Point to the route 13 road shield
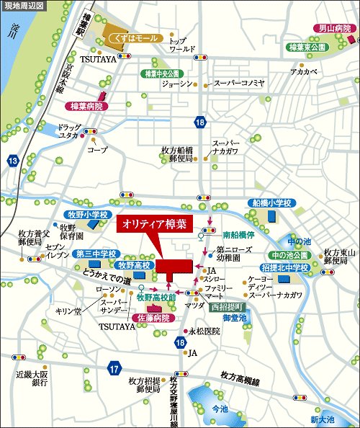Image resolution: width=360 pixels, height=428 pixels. (13, 161)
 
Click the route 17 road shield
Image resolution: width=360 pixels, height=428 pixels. (114, 369)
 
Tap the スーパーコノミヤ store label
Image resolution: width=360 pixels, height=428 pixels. (239, 83)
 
